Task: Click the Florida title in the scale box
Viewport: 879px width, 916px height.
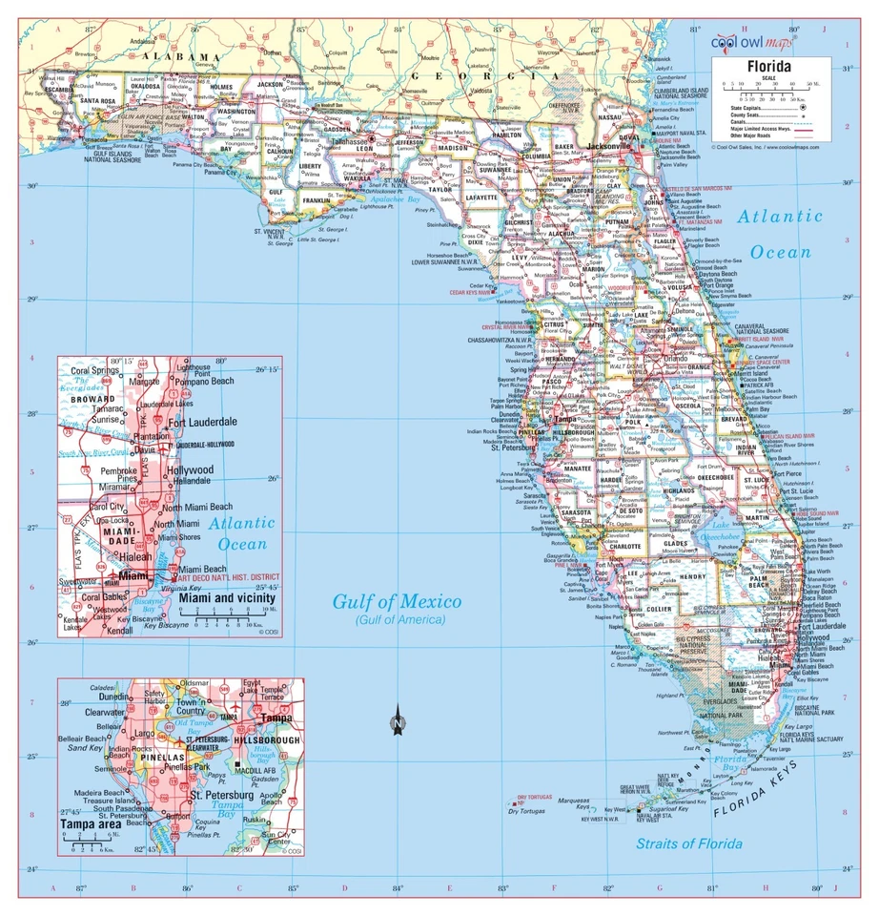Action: (x=768, y=67)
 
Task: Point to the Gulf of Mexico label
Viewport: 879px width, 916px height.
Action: (x=396, y=602)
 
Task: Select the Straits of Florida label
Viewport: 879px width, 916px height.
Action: (x=689, y=843)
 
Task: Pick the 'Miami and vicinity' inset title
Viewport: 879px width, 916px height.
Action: (x=233, y=598)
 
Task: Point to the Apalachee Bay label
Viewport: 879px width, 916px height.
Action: (x=400, y=200)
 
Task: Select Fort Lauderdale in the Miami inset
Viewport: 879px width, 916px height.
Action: (x=202, y=422)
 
